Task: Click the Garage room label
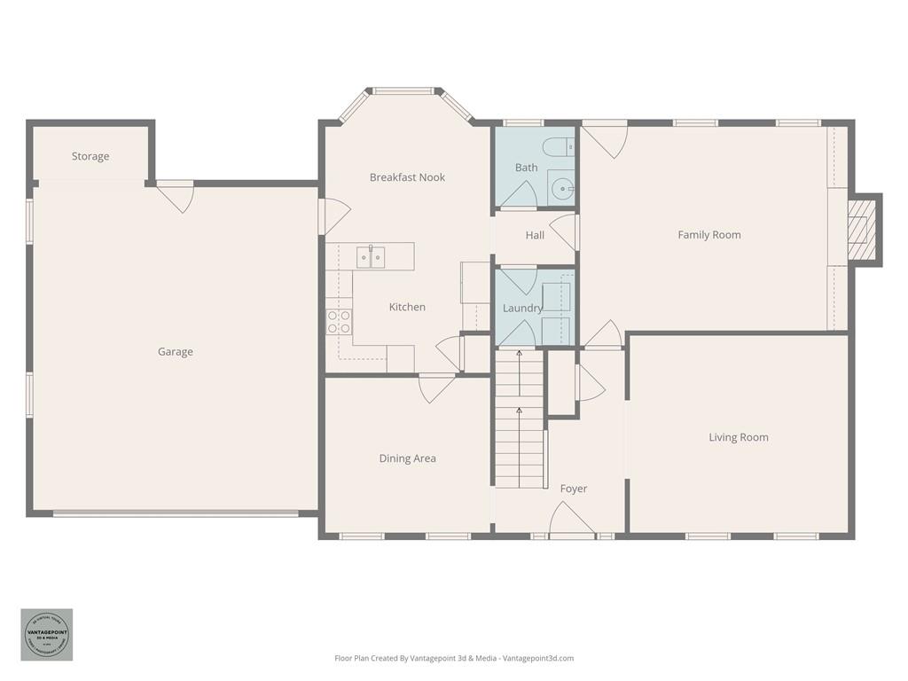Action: click(175, 352)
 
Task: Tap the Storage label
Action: click(90, 156)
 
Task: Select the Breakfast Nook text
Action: click(407, 177)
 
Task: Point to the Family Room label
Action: click(708, 235)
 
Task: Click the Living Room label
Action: click(738, 437)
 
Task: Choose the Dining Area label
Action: click(407, 458)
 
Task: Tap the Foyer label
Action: click(573, 489)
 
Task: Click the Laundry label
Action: click(522, 308)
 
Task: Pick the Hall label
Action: click(535, 235)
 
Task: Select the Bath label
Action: click(526, 167)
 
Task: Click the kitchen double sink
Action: click(371, 257)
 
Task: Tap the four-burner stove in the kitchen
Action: click(339, 322)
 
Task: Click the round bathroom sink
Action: click(561, 188)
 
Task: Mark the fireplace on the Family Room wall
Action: click(862, 230)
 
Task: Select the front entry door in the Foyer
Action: click(572, 523)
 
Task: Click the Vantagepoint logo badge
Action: click(46, 634)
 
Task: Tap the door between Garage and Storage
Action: click(176, 195)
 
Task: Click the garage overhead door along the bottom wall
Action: click(176, 513)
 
